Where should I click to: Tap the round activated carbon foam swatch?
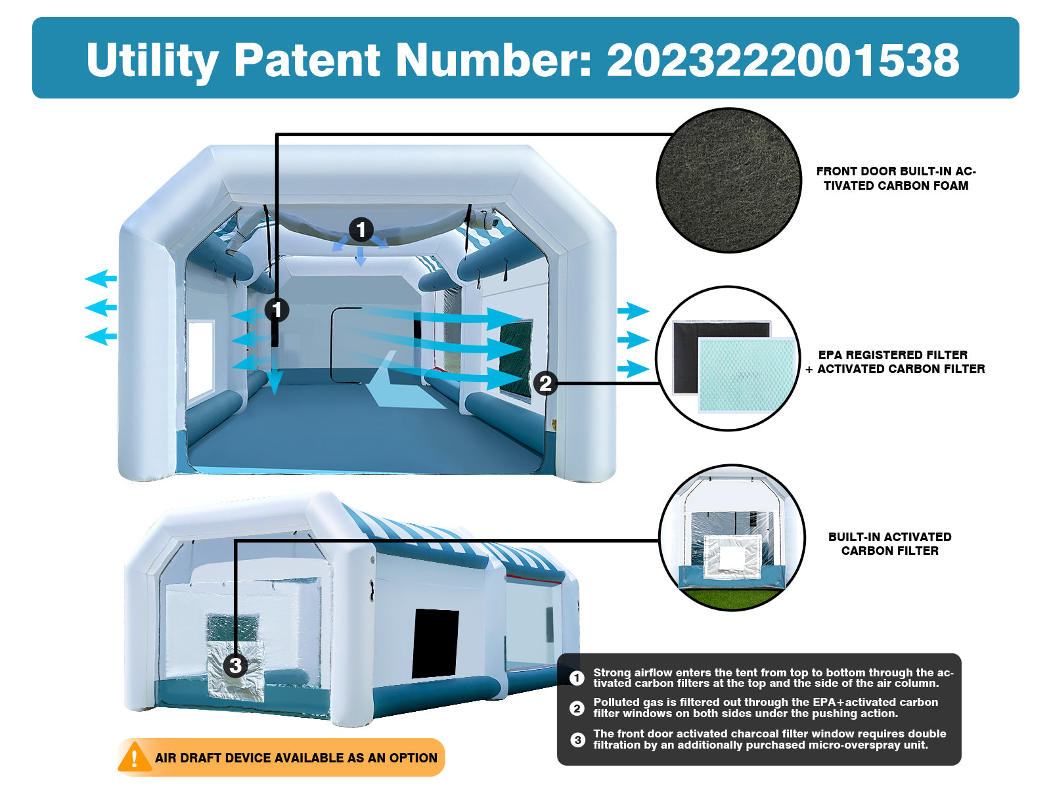tap(728, 180)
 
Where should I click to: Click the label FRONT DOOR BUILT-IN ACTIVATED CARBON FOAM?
tap(895, 178)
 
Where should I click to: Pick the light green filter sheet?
tap(746, 374)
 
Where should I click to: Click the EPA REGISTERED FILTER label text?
tap(893, 355)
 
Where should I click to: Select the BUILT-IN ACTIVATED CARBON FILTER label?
tap(889, 544)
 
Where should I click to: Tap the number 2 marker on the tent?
tap(545, 383)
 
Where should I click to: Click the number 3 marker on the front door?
tap(235, 665)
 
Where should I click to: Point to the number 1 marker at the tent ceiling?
tap(361, 230)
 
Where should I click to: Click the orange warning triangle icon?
tap(135, 756)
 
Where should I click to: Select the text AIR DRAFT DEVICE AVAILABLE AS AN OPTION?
tap(296, 758)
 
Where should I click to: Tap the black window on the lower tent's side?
tap(436, 644)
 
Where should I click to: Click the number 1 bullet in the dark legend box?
tap(577, 678)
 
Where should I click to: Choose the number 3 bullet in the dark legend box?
tap(577, 740)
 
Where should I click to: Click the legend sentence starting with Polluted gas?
tap(765, 708)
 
